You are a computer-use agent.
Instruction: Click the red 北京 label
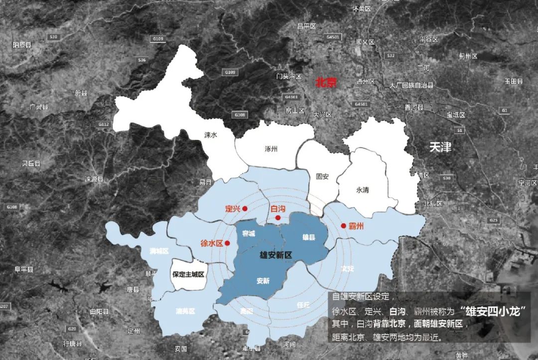point(326,83)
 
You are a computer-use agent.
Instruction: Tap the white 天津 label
point(440,147)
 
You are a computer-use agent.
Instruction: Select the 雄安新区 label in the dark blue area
point(275,255)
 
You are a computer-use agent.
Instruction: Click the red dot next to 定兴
point(245,209)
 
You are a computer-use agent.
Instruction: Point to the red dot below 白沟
point(278,218)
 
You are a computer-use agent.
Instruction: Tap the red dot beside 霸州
point(343,226)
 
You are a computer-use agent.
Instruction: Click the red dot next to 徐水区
point(227,243)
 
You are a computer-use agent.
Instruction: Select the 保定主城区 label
point(188,274)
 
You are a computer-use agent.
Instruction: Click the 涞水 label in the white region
point(211,134)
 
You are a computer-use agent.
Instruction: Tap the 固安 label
point(322,176)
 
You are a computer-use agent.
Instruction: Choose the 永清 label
point(363,190)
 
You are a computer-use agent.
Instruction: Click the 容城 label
point(248,234)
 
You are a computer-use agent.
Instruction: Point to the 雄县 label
point(309,238)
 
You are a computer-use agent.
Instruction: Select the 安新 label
point(263,281)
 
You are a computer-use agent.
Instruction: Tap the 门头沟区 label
point(289,77)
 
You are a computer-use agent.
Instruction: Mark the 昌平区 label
point(307,25)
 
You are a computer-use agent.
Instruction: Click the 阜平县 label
point(23,269)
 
